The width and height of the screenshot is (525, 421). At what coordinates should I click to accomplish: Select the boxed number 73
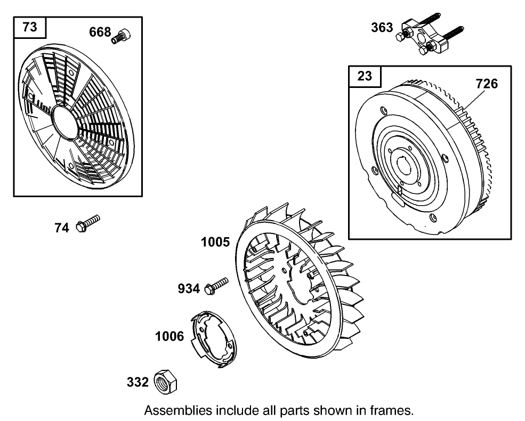tap(30, 27)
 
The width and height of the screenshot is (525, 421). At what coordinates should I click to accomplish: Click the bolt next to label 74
tap(88, 223)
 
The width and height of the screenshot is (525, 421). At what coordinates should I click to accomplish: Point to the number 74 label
tap(62, 228)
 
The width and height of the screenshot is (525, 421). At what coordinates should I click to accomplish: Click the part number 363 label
tap(382, 28)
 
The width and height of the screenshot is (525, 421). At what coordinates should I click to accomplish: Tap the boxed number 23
tap(365, 76)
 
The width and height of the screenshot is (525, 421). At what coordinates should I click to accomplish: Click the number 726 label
tap(487, 84)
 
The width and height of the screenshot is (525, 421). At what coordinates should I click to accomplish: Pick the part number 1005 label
tap(215, 242)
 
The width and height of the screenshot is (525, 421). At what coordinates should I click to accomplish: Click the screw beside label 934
tap(215, 285)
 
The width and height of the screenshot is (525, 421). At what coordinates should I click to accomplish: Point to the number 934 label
tap(189, 289)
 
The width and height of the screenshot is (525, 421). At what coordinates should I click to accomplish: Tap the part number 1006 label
tap(169, 337)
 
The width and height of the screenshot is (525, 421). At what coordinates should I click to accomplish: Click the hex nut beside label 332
tap(165, 382)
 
